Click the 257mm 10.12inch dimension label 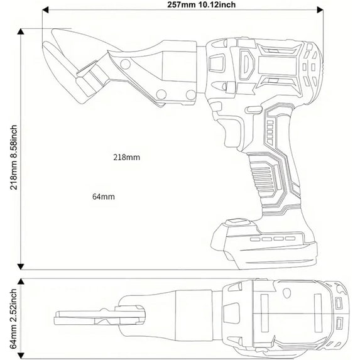201,4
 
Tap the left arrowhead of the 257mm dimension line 45,10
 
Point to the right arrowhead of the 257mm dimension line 320,10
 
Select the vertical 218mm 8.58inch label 14,157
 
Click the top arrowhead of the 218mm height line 21,31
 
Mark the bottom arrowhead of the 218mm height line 21,267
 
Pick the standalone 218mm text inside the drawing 126,157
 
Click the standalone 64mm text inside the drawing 103,197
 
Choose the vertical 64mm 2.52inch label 14,319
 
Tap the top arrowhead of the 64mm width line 21,281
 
